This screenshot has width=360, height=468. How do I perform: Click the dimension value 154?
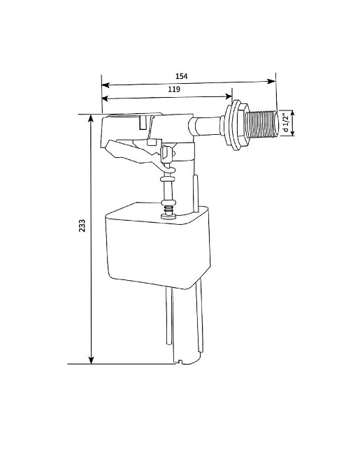pyautogui.click(x=181, y=75)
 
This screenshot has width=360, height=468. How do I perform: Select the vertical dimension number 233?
pyautogui.click(x=82, y=226)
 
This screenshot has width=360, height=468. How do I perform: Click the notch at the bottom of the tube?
pyautogui.click(x=181, y=361)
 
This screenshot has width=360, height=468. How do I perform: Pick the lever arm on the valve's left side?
pyautogui.click(x=126, y=150)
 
